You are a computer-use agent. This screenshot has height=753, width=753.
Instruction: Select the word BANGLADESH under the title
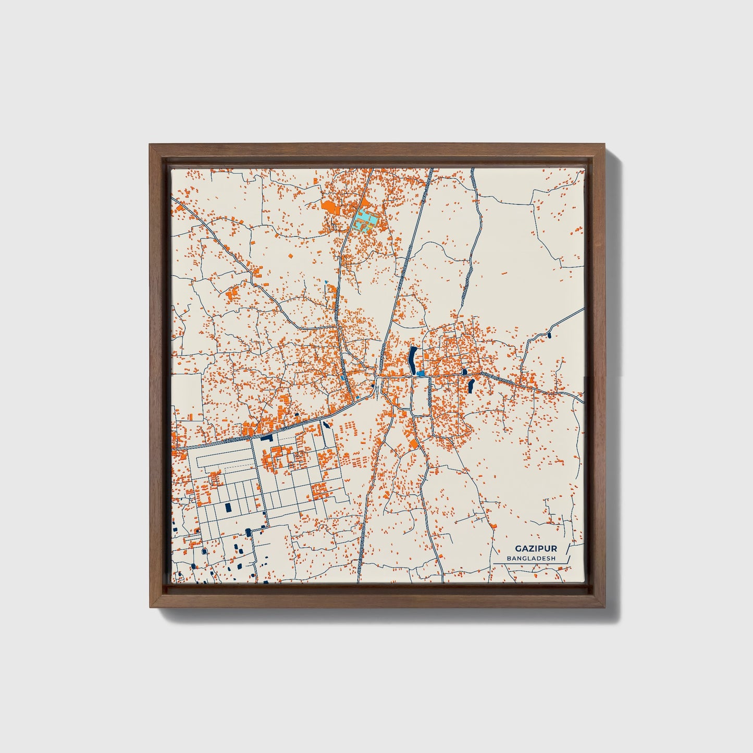pos(530,558)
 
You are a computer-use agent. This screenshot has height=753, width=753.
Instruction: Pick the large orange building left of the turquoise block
pos(330,206)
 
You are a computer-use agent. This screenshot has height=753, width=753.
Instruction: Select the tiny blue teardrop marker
pos(326,282)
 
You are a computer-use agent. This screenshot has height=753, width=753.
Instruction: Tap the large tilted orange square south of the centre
pos(413,444)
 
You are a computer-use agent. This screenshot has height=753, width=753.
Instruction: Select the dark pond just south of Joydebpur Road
pos(471,386)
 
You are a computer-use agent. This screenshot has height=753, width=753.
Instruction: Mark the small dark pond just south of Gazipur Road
pos(326,424)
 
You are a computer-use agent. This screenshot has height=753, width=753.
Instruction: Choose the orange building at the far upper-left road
pos(180,207)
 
